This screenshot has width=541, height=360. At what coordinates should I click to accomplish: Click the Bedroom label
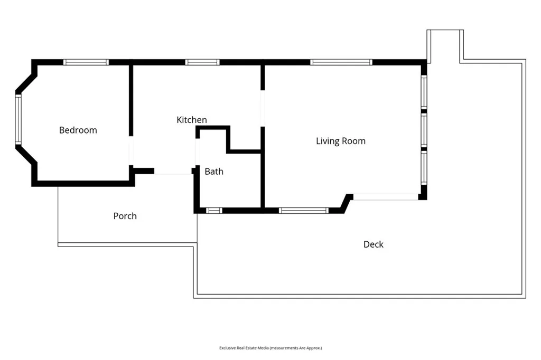click(x=78, y=130)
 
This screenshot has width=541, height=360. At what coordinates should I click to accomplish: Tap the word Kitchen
click(x=191, y=120)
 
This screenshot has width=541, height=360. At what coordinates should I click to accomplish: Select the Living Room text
click(x=341, y=141)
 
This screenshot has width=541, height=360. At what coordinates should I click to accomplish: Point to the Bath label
click(x=214, y=172)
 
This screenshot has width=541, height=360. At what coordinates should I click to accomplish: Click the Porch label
click(x=125, y=216)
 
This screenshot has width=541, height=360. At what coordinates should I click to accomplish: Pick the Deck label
click(x=374, y=244)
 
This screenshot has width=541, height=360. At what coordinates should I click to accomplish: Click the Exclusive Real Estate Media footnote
click(x=270, y=348)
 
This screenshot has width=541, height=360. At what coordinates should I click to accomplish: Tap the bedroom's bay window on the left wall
click(x=18, y=119)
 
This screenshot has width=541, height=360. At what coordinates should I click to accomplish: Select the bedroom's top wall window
click(x=86, y=62)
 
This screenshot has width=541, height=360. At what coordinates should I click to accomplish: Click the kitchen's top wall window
click(x=202, y=62)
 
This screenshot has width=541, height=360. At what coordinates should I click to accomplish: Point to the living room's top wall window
click(x=341, y=62)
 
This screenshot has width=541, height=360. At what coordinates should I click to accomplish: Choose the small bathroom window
click(x=214, y=210)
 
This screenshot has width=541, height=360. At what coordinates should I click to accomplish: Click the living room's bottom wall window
click(x=304, y=210)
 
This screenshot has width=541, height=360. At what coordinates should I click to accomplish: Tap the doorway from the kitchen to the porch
click(x=173, y=172)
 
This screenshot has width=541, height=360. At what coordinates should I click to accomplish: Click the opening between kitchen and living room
click(x=263, y=108)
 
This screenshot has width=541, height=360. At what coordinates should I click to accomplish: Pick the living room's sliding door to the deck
click(x=386, y=197)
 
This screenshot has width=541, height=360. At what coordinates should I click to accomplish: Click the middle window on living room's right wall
click(x=424, y=130)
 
